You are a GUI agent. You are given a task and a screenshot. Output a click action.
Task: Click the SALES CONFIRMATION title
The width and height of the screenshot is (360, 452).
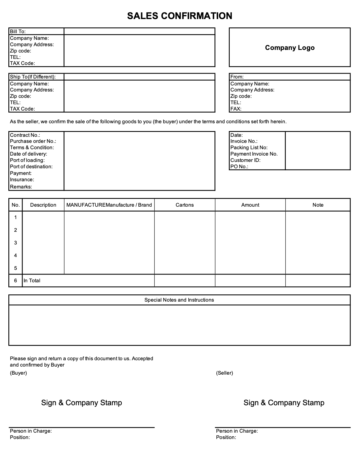tap(179, 16)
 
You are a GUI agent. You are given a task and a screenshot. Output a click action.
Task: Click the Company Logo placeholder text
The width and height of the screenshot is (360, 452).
tap(290, 48)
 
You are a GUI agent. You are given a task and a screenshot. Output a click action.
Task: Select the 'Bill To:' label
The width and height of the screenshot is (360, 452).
tap(18, 31)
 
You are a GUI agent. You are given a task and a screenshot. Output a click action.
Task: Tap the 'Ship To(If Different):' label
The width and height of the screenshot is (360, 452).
tap(33, 77)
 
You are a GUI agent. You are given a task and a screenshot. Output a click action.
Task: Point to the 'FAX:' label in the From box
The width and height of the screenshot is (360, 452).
tap(236, 109)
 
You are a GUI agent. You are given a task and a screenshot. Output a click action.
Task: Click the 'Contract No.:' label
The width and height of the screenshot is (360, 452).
tap(25, 135)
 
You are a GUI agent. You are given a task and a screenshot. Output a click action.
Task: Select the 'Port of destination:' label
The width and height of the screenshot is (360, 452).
tap(31, 167)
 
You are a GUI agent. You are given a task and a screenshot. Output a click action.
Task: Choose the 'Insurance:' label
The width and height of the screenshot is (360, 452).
tap(22, 180)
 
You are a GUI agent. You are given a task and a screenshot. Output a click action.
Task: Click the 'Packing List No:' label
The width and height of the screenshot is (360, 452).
tap(249, 147)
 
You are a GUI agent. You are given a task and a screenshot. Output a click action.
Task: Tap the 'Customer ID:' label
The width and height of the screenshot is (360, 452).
tap(245, 160)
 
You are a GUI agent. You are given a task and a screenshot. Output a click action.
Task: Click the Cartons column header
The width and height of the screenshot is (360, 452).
tap(185, 205)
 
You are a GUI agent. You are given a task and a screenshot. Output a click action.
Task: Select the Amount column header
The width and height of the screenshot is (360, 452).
tap(250, 205)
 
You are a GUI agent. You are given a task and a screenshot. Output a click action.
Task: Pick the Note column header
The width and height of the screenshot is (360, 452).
tap(318, 205)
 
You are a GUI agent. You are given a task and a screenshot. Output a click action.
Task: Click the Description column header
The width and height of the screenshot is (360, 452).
tap(43, 205)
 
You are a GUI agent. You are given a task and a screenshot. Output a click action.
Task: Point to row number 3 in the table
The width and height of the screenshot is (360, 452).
tap(16, 243)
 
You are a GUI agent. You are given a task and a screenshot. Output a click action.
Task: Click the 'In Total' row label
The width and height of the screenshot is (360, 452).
tap(32, 281)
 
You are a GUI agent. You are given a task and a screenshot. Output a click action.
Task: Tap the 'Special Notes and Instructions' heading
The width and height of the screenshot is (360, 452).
tap(179, 300)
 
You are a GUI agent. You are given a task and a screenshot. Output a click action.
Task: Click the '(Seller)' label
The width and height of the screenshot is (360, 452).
tap(224, 373)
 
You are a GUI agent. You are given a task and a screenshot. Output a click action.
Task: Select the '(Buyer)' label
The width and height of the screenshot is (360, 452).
tap(18, 373)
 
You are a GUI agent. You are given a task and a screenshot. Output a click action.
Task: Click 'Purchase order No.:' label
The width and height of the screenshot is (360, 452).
tap(33, 141)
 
